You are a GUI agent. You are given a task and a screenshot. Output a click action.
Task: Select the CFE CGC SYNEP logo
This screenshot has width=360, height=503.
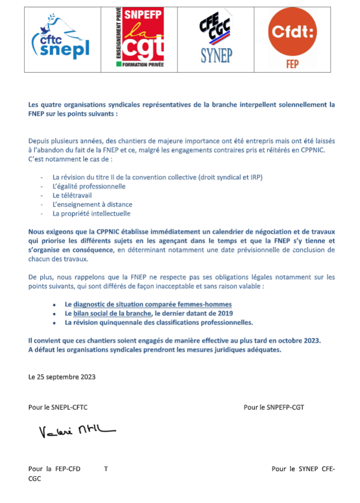pos(216,39)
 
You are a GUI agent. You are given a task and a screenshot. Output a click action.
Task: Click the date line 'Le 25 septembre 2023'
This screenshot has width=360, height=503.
pos(62,377)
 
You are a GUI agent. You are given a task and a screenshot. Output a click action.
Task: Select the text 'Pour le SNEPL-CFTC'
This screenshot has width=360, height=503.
pos(58,407)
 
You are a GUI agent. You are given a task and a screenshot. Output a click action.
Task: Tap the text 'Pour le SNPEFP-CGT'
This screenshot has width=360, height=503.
pos(274,407)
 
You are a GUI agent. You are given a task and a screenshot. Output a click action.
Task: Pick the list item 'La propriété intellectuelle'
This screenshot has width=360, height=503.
pos(92,213)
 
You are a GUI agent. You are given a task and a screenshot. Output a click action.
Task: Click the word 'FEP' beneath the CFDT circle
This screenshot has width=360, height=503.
pos(292,64)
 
